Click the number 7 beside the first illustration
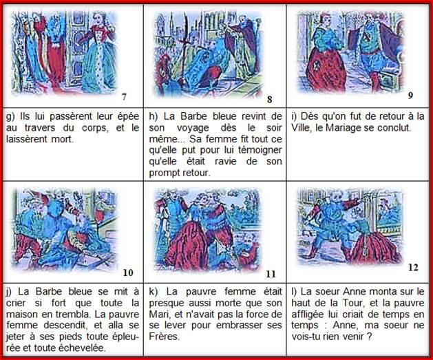pyautogui.click(x=125, y=96)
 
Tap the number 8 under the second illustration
pyautogui.click(x=270, y=99)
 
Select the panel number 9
pyautogui.click(x=410, y=96)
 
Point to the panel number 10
pyautogui.click(x=128, y=273)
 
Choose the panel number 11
pyautogui.click(x=271, y=274)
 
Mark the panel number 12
pyautogui.click(x=413, y=267)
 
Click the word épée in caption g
pyautogui.click(x=128, y=116)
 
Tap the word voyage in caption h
pyautogui.click(x=193, y=128)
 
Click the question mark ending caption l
pyautogui.click(x=370, y=337)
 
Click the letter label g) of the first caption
pyautogui.click(x=10, y=117)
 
